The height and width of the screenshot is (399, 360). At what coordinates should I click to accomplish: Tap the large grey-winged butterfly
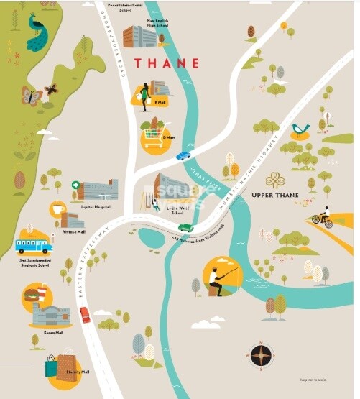tap(31, 96)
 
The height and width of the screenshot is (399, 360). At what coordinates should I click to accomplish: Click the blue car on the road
tap(184, 155)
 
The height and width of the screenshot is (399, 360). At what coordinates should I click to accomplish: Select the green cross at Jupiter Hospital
tap(75, 185)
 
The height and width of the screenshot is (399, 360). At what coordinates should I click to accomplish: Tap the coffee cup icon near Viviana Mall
tap(57, 208)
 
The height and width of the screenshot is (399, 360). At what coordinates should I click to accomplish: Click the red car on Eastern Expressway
tap(84, 313)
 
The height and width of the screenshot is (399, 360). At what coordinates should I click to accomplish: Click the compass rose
tap(260, 355)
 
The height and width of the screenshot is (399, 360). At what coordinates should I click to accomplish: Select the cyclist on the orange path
tap(323, 216)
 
